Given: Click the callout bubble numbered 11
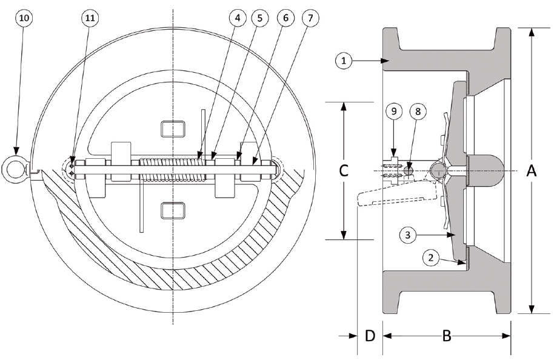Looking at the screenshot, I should [x=88, y=18].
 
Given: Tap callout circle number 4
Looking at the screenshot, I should [x=238, y=18].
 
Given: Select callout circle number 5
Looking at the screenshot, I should [x=262, y=18].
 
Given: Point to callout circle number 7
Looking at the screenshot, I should [x=310, y=18].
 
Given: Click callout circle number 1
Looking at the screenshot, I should [x=344, y=60].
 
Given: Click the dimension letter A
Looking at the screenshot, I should [x=531, y=172].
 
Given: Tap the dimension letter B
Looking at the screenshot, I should [x=446, y=336].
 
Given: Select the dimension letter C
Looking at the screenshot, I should [x=343, y=172].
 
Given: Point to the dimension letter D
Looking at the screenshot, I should [x=369, y=336].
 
